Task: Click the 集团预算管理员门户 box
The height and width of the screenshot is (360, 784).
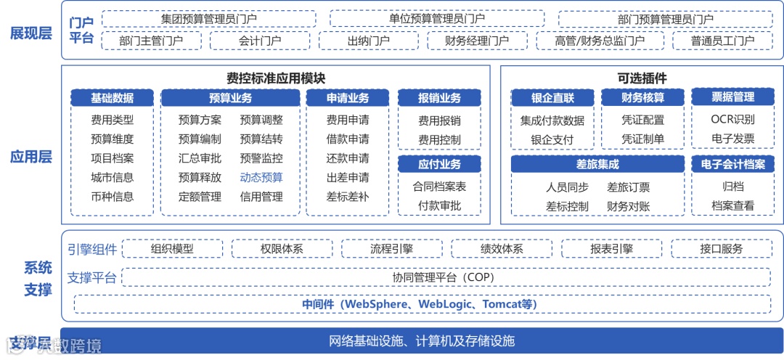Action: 208,19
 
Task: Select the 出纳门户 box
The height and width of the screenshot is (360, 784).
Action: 369,41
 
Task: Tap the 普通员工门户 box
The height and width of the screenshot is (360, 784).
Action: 722,41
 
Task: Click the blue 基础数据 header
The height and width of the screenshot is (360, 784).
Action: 112,98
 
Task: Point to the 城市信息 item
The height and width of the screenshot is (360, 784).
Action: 112,177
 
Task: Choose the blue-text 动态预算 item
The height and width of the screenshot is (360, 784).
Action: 261,177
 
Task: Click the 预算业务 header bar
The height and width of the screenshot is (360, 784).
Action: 230,98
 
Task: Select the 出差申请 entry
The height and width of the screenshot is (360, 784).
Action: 347,177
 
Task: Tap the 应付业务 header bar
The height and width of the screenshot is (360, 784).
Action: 439,164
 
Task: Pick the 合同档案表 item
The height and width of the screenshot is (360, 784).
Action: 439,187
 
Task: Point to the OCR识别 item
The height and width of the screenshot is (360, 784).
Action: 732,120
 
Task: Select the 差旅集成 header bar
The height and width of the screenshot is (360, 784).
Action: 597,165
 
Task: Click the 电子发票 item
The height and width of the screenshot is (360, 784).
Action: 732,139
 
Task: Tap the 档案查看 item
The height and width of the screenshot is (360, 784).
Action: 732,205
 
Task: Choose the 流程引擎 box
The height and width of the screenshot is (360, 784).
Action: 391,249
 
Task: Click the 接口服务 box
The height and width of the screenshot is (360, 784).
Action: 722,249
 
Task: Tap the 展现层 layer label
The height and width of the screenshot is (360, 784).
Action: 30,33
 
